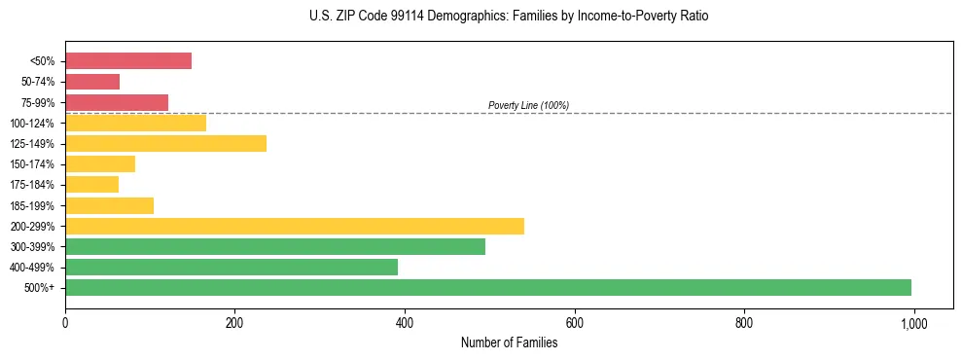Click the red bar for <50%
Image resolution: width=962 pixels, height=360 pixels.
tap(128, 61)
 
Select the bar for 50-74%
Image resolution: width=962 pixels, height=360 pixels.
tap(92, 82)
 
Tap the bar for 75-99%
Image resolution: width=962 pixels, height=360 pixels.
tap(117, 102)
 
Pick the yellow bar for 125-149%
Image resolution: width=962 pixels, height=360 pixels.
tap(165, 144)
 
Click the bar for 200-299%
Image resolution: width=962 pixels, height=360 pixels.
tap(295, 226)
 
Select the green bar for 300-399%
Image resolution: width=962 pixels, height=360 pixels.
tap(275, 246)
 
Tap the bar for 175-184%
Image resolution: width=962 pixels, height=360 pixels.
tap(91, 185)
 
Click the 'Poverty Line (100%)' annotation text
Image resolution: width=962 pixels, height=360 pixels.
tap(528, 105)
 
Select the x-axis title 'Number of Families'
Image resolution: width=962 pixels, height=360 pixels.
tap(509, 342)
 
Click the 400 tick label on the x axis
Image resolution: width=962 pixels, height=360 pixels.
tap(405, 322)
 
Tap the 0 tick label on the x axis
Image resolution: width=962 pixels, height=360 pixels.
tap(65, 322)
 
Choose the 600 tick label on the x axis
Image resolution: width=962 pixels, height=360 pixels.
tap(574, 322)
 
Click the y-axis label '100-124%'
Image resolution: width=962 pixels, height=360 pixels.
tap(32, 124)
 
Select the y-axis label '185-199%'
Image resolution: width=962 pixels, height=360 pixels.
tap(32, 205)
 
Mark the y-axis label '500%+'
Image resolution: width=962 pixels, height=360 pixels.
tap(38, 288)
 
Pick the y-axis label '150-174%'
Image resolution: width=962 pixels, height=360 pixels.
tap(32, 164)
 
